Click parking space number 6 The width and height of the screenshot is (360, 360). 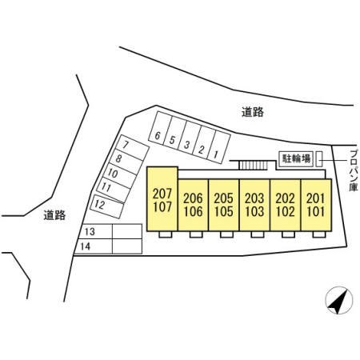click(x=160, y=128)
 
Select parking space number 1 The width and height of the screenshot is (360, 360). click(x=218, y=147)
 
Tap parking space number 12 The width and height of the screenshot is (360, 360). click(x=107, y=206)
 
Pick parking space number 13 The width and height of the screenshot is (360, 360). click(x=96, y=231)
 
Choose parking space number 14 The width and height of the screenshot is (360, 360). click(x=94, y=246)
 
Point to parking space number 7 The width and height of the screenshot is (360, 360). click(x=130, y=147)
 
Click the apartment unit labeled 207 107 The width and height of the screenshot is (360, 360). click(x=162, y=198)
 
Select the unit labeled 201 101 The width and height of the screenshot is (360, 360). click(x=316, y=205)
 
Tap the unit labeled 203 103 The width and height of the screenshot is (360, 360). click(x=254, y=205)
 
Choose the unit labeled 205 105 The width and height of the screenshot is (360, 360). click(x=224, y=205)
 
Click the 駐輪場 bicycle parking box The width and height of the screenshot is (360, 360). click(x=296, y=159)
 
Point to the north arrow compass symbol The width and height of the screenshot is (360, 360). click(x=339, y=300)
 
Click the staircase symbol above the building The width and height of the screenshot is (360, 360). click(x=254, y=165)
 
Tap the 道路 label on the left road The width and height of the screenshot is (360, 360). click(x=54, y=215)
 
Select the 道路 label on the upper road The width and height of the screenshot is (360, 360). click(x=253, y=112)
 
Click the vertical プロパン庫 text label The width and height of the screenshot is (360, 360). click(x=354, y=170)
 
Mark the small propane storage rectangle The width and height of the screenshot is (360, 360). click(x=319, y=159)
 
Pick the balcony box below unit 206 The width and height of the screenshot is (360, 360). click(x=196, y=234)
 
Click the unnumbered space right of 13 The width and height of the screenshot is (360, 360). click(x=127, y=231)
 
